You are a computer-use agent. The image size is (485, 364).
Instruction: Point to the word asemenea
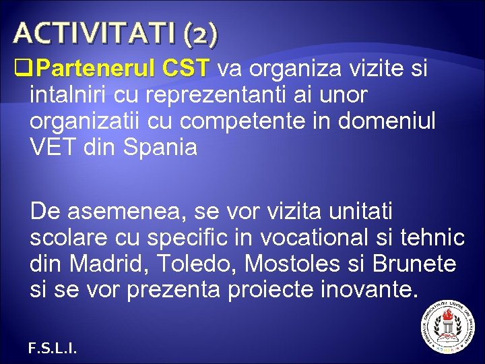pos(121,212)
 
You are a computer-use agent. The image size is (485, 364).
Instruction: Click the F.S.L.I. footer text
pos(53,348)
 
